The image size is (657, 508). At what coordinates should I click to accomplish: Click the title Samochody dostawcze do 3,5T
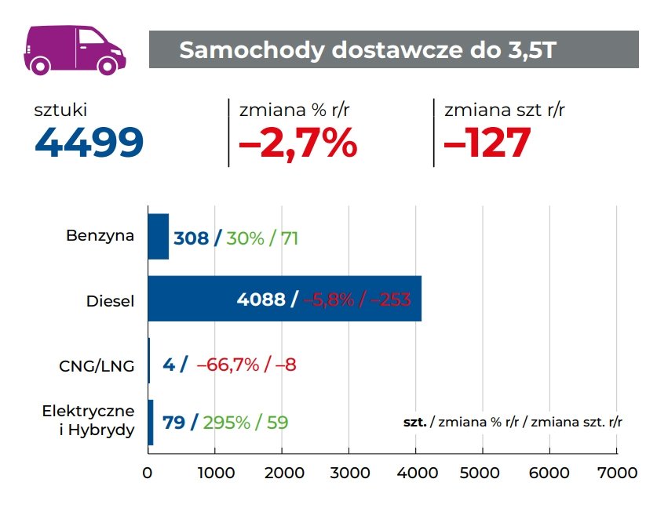368,49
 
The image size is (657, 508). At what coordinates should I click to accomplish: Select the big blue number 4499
89,143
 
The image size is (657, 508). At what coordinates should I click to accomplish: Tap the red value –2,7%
297,143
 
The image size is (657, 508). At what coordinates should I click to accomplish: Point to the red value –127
487,143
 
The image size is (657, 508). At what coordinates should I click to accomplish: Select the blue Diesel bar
284,299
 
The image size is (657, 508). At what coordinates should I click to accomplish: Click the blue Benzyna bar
159,237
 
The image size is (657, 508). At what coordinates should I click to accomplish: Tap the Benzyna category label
100,236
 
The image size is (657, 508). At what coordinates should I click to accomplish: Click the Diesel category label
111,300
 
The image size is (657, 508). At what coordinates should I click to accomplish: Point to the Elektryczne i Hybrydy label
89,420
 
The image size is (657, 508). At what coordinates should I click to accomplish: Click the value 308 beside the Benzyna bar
191,238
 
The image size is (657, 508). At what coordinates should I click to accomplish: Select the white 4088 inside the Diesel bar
261,299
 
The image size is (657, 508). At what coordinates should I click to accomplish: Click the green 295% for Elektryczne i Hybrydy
226,423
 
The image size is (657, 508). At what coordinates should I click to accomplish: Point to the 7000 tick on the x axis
616,473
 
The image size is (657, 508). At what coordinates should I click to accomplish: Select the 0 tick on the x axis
148,473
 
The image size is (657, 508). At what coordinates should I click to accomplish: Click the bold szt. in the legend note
414,422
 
